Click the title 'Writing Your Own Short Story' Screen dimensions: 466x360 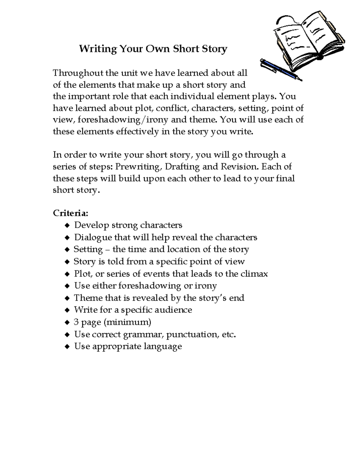pos(153,49)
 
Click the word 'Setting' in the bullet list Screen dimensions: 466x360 pos(88,249)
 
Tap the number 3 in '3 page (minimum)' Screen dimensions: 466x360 pos(76,322)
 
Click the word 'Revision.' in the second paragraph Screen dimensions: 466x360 pos(240,167)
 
